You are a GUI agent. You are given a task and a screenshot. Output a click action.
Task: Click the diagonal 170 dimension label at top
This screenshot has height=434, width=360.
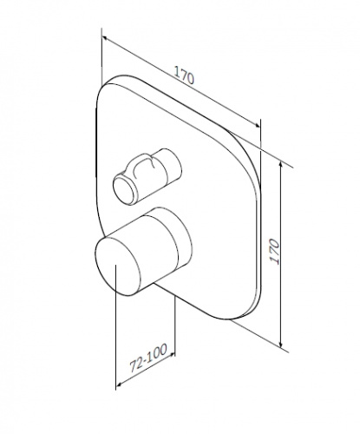click(184, 76)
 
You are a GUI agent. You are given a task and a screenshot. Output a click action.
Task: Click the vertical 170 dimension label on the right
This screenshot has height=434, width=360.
click(274, 251)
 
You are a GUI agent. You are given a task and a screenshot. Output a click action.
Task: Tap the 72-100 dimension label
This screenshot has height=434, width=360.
click(148, 358)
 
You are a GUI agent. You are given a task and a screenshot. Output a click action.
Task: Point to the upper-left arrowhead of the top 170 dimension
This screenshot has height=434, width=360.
click(105, 38)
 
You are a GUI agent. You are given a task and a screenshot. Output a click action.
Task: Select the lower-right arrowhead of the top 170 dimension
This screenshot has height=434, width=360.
click(257, 124)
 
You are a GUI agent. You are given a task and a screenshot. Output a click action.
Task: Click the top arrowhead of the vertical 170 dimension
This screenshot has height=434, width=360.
click(280, 165)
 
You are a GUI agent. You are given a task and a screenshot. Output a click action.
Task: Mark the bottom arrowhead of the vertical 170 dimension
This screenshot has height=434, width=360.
click(280, 343)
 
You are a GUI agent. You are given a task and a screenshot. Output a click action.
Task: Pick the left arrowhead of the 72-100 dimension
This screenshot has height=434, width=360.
click(119, 385)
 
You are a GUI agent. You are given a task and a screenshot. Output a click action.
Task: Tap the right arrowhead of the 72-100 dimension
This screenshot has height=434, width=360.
click(172, 354)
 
